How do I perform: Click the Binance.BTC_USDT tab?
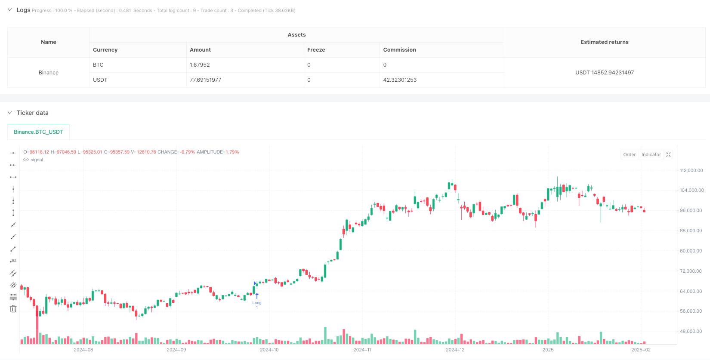38,132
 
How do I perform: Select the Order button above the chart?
629,155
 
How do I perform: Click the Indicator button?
651,155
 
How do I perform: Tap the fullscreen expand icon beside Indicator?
668,155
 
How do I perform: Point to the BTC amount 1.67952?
200,65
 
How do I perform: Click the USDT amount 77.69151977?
205,80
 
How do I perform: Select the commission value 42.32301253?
400,80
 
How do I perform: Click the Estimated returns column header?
604,42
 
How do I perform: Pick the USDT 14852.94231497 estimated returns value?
604,73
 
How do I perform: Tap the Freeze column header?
316,50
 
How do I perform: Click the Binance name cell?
49,73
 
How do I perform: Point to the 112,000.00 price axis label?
691,171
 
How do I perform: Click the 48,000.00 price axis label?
691,332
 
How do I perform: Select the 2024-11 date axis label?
362,350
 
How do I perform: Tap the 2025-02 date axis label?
641,350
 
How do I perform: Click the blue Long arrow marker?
257,296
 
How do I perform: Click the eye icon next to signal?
26,160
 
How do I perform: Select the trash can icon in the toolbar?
13,309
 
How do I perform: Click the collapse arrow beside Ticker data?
9,113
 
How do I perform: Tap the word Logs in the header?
23,10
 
